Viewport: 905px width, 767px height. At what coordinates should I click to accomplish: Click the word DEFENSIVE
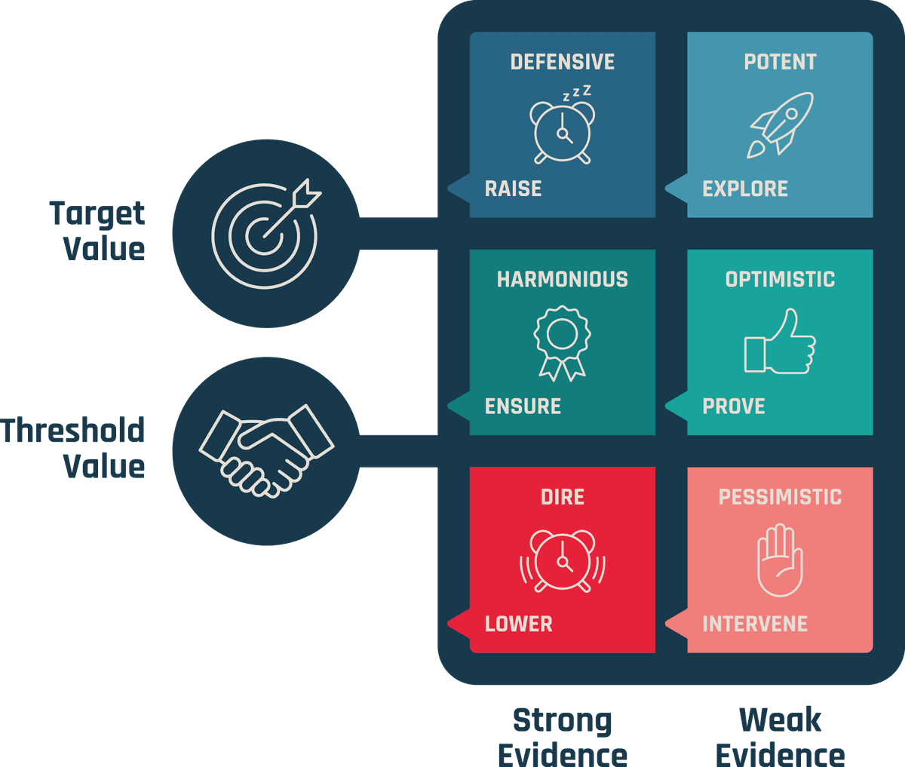pyautogui.click(x=563, y=62)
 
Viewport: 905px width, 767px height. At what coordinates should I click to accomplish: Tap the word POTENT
pyautogui.click(x=780, y=62)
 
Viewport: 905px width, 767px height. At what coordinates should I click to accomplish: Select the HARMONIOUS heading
pyautogui.click(x=563, y=279)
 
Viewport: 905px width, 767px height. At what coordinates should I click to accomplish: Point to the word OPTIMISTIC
pyautogui.click(x=780, y=279)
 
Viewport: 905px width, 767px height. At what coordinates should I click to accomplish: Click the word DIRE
pyautogui.click(x=563, y=497)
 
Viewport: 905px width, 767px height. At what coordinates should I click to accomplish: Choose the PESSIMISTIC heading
pyautogui.click(x=780, y=497)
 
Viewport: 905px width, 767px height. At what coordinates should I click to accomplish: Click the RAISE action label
pyautogui.click(x=513, y=189)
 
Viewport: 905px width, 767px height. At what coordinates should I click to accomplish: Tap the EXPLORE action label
pyautogui.click(x=745, y=189)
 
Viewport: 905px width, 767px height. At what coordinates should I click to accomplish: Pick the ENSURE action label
pyautogui.click(x=523, y=407)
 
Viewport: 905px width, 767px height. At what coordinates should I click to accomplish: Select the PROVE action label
pyautogui.click(x=734, y=407)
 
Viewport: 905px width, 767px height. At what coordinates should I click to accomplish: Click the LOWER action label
pyautogui.click(x=519, y=624)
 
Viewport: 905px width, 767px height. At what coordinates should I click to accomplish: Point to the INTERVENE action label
pyautogui.click(x=755, y=624)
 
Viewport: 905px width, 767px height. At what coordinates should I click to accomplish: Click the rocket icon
pyautogui.click(x=780, y=124)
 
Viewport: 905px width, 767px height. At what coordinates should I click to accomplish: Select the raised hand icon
pyautogui.click(x=780, y=560)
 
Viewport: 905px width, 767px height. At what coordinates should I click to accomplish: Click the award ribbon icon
pyautogui.click(x=563, y=343)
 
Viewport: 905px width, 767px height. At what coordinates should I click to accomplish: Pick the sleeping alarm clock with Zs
pyautogui.click(x=563, y=127)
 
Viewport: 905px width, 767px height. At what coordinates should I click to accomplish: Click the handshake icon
pyautogui.click(x=265, y=450)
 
